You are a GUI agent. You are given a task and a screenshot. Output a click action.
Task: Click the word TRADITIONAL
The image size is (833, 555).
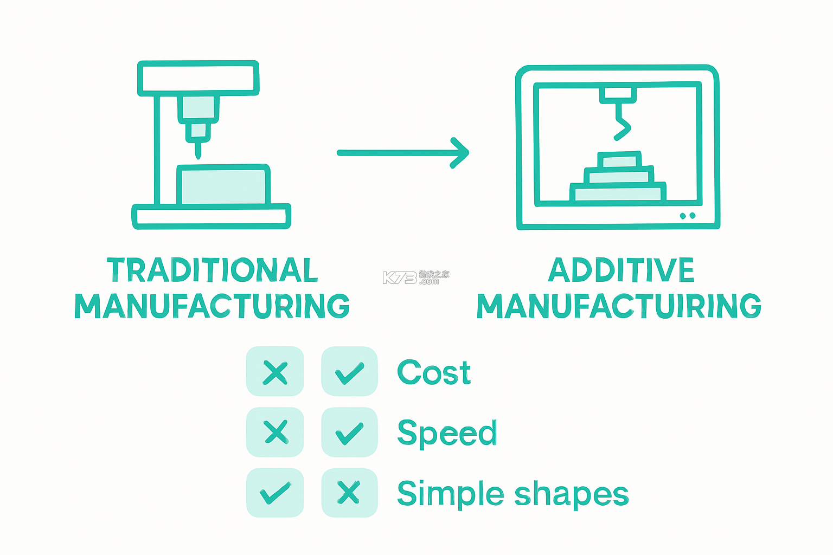click(x=213, y=269)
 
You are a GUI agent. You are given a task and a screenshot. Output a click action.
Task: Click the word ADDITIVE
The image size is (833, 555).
click(x=621, y=269)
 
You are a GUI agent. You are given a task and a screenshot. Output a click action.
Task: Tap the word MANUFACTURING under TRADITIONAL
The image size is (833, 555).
click(x=212, y=306)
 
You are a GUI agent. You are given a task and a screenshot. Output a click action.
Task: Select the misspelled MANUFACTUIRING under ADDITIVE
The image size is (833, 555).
click(x=619, y=306)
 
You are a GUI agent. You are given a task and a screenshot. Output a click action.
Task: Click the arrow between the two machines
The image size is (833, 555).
click(x=403, y=153)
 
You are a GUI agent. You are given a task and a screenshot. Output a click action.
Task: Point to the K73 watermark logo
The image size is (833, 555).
click(x=416, y=277)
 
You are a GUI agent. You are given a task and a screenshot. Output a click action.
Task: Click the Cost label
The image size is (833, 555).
click(x=434, y=372)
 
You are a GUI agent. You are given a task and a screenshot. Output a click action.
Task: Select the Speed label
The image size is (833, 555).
click(x=447, y=433)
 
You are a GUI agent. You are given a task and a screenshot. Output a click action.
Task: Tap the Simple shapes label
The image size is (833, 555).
click(x=513, y=494)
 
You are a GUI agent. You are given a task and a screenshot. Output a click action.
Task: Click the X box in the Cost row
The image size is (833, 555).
click(x=275, y=371)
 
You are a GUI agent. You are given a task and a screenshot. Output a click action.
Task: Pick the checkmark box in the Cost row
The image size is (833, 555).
click(x=350, y=371)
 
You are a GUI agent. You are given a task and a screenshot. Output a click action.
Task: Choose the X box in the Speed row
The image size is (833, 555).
click(x=275, y=432)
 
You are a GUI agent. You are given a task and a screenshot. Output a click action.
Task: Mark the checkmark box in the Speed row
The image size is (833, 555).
click(x=350, y=432)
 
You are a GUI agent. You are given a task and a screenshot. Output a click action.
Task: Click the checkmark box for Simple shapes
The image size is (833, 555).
click(x=275, y=493)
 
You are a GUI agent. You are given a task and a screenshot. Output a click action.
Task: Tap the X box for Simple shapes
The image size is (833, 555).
click(x=350, y=493)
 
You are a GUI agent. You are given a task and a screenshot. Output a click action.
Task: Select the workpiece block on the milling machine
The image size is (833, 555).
click(x=223, y=185)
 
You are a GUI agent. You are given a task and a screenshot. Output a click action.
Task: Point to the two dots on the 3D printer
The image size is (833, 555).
click(x=688, y=216)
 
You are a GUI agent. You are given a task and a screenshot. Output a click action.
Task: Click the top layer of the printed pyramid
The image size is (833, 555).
click(x=619, y=160)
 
